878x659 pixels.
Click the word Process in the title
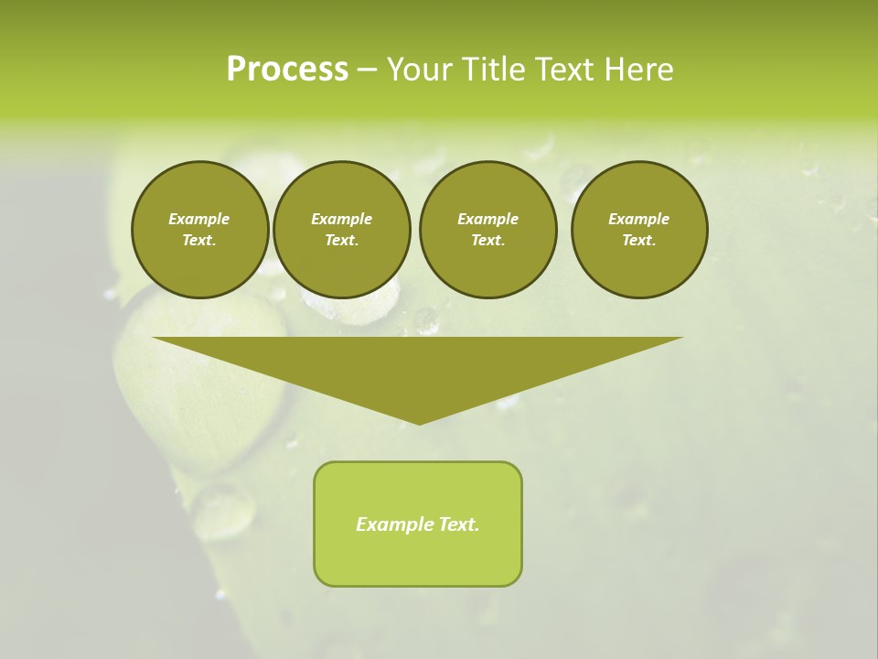[x=287, y=70]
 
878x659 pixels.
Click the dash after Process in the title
[x=367, y=70]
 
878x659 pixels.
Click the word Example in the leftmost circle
[x=199, y=219]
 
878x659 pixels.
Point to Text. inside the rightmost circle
[x=639, y=240]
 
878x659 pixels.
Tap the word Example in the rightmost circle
[x=639, y=219]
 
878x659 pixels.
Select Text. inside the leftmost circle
[x=199, y=240]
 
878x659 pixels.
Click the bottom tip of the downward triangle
[x=419, y=422]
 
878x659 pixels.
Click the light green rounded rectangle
[x=418, y=558]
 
